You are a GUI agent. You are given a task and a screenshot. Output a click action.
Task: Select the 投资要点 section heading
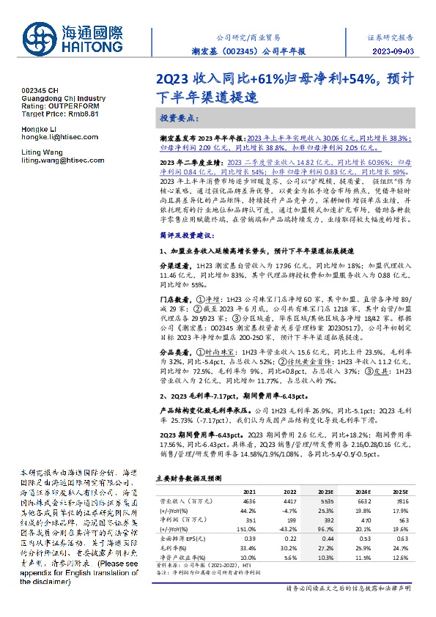pyautogui.click(x=179, y=118)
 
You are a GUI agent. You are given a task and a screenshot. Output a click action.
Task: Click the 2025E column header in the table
pyautogui.click(x=399, y=490)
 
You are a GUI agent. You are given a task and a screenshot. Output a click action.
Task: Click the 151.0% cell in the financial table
pyautogui.click(x=248, y=526)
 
